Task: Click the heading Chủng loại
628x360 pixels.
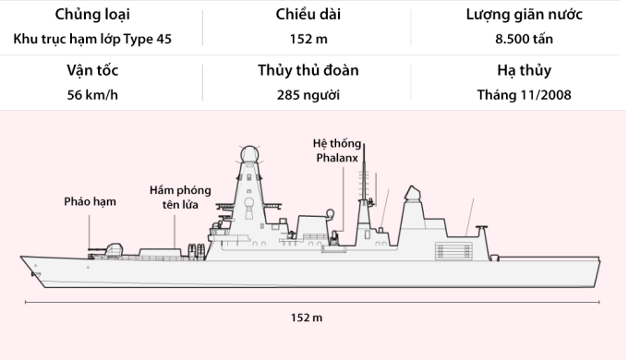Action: (x=92, y=16)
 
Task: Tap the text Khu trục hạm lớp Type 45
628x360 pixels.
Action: (x=92, y=39)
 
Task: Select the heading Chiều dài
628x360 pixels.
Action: (x=308, y=16)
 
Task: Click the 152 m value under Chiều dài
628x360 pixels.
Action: (x=308, y=39)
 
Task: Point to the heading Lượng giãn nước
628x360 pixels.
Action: (x=524, y=16)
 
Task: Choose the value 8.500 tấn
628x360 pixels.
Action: (x=524, y=39)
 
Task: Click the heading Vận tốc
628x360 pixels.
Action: (x=92, y=70)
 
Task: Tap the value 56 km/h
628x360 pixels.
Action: (x=92, y=94)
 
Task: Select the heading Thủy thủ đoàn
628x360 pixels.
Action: (x=308, y=70)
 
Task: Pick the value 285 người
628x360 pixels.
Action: (x=308, y=94)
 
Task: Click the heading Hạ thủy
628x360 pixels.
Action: (x=524, y=70)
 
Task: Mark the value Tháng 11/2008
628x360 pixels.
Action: (x=524, y=94)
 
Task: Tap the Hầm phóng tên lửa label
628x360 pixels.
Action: (x=180, y=197)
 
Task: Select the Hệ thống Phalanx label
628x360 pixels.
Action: (x=335, y=150)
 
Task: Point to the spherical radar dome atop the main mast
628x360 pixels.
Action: (x=248, y=155)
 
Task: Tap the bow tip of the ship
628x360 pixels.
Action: (x=23, y=259)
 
